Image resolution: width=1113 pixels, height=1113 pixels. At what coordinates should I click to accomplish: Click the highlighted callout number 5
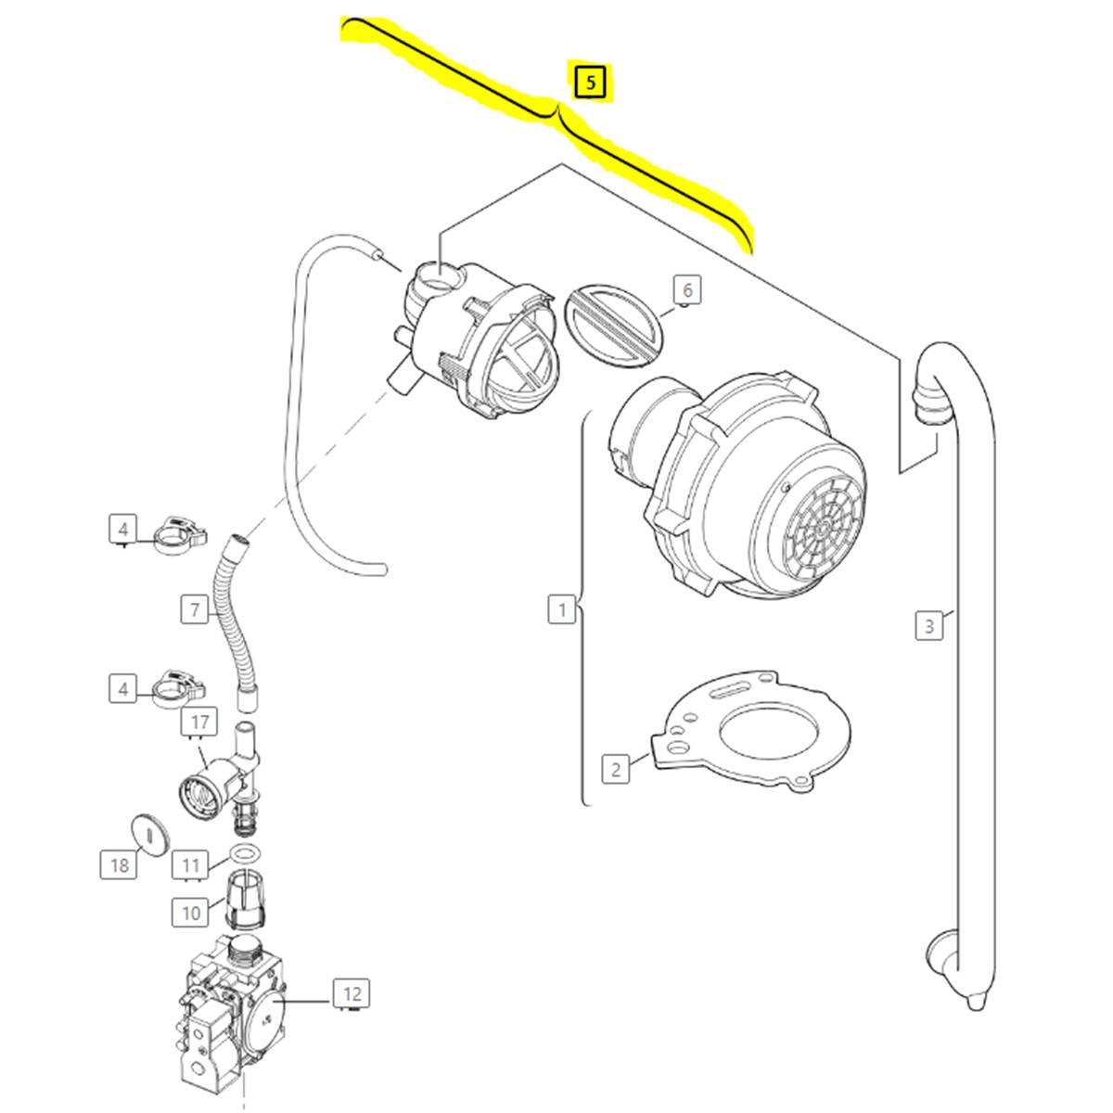591,83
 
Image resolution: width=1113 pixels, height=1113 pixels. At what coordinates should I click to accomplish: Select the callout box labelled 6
686,289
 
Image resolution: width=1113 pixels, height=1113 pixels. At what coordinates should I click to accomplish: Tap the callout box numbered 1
561,610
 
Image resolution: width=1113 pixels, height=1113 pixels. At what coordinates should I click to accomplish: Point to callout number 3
929,626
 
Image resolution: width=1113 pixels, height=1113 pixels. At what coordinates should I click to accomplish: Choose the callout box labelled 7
195,610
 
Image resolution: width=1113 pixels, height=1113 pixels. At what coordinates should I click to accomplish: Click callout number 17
200,721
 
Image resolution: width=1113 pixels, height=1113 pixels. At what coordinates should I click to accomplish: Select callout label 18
119,865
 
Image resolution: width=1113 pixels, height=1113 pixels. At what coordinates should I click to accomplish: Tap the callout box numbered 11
191,865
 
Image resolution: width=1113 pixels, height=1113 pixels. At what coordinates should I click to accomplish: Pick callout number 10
191,913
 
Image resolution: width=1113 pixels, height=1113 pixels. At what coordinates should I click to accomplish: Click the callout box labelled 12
352,994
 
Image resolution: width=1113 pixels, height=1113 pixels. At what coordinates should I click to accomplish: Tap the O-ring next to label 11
244,853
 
